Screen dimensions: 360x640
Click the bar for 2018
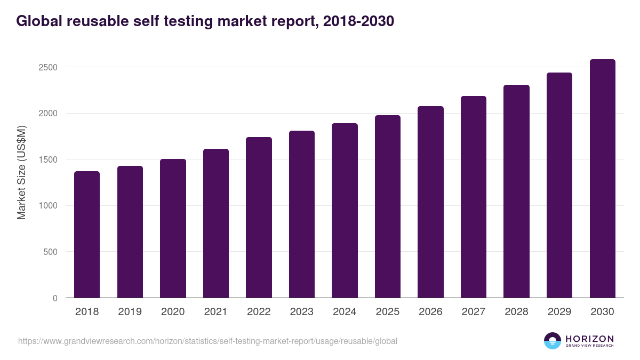point(87,235)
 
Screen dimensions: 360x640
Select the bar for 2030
point(602,179)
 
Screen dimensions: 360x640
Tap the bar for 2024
point(345,211)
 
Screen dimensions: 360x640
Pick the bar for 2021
point(216,223)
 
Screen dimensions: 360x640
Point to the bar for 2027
point(474,197)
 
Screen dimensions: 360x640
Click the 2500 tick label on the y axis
point(48,68)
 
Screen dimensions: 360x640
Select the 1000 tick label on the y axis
point(48,206)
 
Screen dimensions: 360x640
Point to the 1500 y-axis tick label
point(48,160)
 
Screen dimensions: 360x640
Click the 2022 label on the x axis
point(259,312)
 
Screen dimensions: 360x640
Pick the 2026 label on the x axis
point(430,312)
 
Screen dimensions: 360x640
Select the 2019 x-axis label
point(130,312)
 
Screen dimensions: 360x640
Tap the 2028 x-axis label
point(516,312)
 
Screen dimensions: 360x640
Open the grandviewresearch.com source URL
point(207,341)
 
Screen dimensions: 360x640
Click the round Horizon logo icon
point(552,341)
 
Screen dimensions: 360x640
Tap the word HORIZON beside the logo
point(589,339)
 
